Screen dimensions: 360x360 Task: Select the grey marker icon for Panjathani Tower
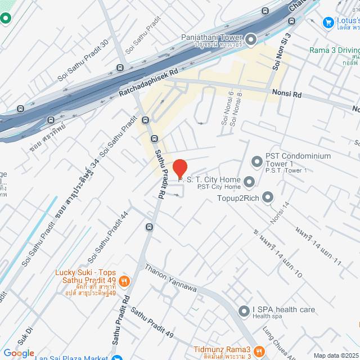pos(251,39)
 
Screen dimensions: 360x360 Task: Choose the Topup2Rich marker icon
pos(268,197)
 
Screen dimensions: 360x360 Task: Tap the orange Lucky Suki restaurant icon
pos(125,281)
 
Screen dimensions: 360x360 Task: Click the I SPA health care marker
pos(244,311)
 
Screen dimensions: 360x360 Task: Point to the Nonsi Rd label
pos(287,91)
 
